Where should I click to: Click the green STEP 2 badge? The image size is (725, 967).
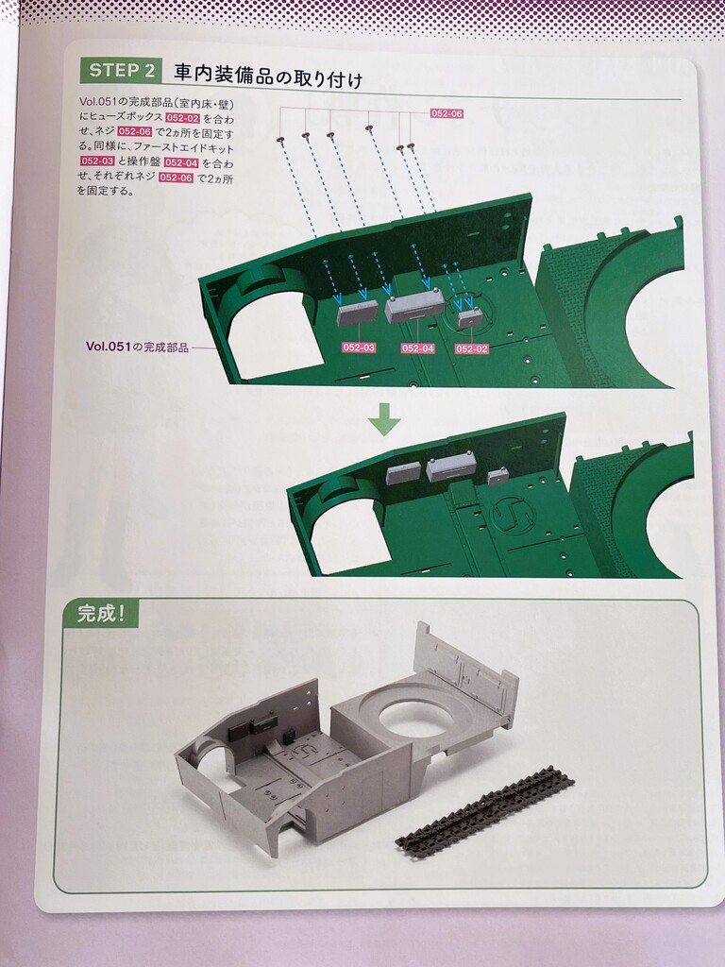point(121,70)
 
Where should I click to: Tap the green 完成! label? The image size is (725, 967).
point(101,614)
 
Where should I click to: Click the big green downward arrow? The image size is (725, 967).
point(385,419)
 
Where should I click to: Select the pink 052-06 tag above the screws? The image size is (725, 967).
point(447,113)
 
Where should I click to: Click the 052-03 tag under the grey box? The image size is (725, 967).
point(359,348)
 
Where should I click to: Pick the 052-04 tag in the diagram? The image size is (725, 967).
point(417,348)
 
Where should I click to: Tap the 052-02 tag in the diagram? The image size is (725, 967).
point(472,348)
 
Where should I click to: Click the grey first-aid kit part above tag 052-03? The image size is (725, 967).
point(353,314)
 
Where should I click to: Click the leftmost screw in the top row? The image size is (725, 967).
point(280,139)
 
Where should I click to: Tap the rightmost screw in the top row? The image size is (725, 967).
point(412,146)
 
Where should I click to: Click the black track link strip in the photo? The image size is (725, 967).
point(484,808)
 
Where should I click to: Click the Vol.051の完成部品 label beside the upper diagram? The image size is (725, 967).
point(137,348)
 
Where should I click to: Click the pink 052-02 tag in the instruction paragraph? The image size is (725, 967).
point(182,118)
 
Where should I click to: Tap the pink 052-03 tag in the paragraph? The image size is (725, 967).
point(97,161)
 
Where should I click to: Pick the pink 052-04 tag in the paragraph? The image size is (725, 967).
point(181,162)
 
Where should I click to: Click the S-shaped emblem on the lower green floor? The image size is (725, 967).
point(513,513)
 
